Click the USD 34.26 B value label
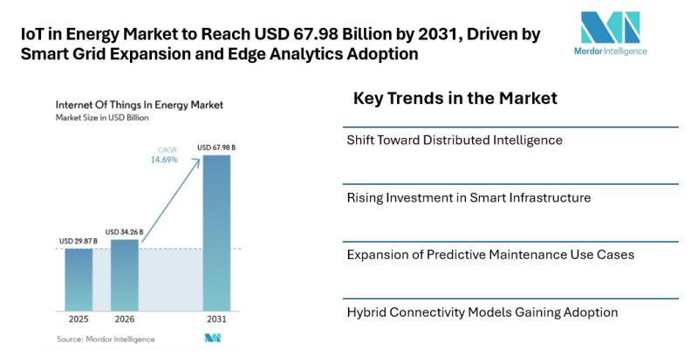pyautogui.click(x=124, y=231)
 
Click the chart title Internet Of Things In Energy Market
pyautogui.click(x=139, y=104)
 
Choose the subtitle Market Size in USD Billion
pyautogui.click(x=102, y=116)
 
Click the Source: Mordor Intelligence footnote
pyautogui.click(x=106, y=339)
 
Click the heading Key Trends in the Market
pyautogui.click(x=455, y=98)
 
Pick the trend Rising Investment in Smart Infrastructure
pyautogui.click(x=469, y=197)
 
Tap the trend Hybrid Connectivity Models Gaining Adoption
pyautogui.click(x=482, y=312)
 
